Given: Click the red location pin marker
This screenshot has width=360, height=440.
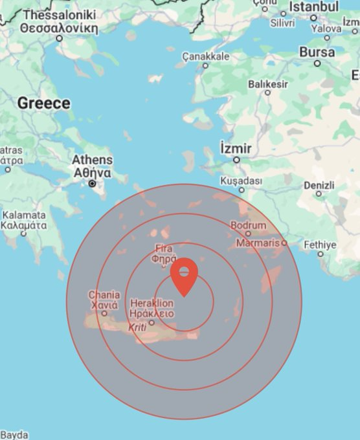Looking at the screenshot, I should point(185,277).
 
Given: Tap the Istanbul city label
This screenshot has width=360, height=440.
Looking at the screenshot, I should point(313,6).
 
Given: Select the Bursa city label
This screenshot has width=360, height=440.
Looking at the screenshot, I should point(317,52).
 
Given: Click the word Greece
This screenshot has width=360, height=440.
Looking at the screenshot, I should point(43,103).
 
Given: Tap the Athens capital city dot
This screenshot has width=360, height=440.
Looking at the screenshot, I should point(94,184).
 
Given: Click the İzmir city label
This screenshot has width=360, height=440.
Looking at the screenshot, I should point(236,148).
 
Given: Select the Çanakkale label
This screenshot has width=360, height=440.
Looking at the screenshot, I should point(206,56).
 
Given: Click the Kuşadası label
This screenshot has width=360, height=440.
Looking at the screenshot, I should point(242,181).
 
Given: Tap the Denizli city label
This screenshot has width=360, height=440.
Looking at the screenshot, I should point(319,185).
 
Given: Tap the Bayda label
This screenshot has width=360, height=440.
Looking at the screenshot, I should point(14,435).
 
